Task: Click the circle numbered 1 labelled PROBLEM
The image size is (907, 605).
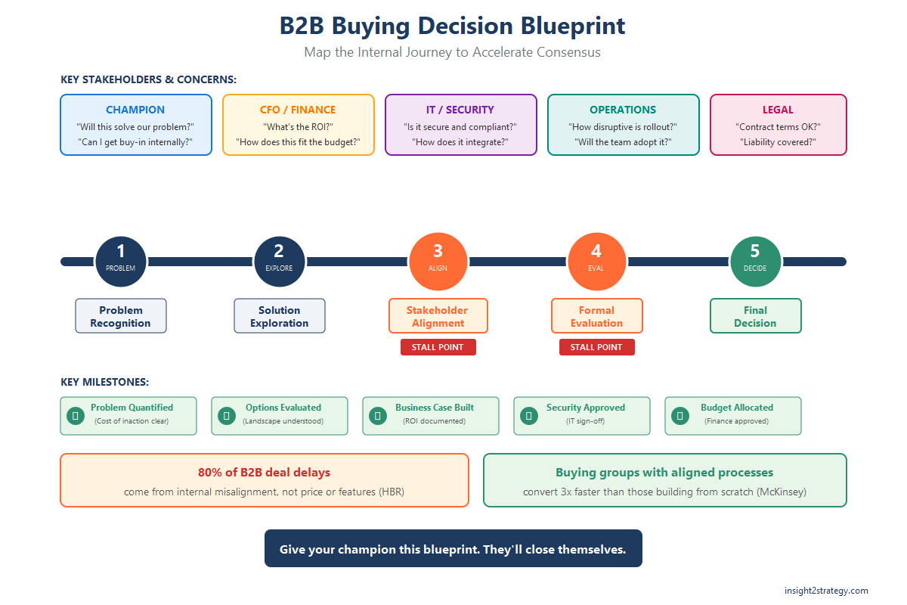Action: coord(121,262)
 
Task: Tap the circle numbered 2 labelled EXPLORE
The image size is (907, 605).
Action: coord(279,262)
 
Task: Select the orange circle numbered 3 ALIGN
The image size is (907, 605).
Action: coord(438,262)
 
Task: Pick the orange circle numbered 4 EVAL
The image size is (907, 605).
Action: coord(596,262)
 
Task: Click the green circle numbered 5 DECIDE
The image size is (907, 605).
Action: coord(755,262)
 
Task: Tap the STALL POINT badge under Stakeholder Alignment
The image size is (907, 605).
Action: coord(438,347)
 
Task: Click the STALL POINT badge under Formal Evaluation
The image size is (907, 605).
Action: coord(597,347)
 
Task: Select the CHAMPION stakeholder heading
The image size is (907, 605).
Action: coord(135,110)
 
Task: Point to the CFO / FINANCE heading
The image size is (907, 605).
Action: coord(298,110)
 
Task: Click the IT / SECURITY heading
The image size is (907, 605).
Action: coord(460,110)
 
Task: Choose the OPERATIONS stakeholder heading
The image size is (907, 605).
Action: coord(623,110)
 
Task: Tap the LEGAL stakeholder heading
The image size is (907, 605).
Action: coord(778,110)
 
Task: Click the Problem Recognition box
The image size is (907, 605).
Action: coord(121,316)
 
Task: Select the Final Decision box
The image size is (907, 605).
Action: coord(755,316)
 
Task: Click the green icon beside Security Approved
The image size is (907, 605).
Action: coord(528,415)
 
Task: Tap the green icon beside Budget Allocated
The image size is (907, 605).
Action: coord(679,415)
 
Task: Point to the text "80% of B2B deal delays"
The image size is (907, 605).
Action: coord(264,473)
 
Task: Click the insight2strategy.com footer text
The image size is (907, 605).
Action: coord(826,591)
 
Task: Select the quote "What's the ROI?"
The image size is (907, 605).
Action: coord(298,127)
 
